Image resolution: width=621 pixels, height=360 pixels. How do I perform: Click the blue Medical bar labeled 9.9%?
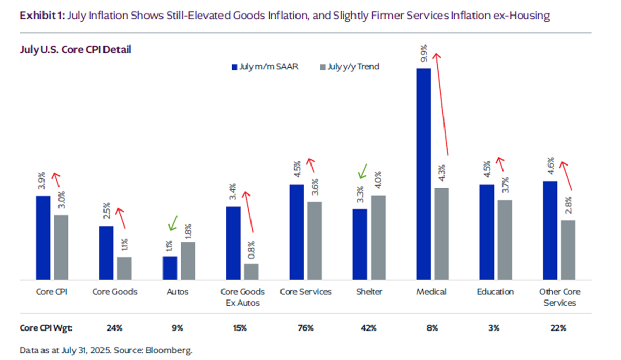(423, 174)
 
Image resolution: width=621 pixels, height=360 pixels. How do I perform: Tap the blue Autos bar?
(170, 268)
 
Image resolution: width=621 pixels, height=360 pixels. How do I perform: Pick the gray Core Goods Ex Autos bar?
(251, 272)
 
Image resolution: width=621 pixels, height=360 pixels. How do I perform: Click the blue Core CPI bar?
(43, 237)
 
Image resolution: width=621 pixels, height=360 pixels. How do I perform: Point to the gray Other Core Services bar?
(568, 250)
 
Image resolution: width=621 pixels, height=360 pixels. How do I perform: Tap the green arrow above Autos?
(173, 223)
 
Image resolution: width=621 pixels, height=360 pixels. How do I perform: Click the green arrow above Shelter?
(363, 171)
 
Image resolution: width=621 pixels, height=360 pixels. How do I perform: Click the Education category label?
(495, 292)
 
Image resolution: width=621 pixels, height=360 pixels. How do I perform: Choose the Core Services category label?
(305, 292)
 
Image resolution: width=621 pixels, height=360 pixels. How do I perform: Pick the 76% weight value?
(305, 328)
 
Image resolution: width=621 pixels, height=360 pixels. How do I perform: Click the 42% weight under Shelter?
(369, 328)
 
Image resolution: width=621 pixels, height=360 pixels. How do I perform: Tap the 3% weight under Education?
(495, 328)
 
